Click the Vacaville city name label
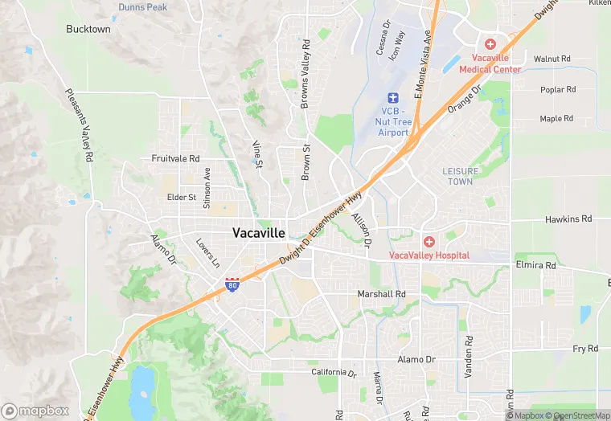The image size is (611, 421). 258,233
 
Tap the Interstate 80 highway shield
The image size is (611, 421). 232,285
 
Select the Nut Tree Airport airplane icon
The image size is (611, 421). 393,97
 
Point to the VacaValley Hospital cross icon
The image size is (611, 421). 429,241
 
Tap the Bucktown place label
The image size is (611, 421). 88,29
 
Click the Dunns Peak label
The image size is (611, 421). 142,7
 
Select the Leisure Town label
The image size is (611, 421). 461,176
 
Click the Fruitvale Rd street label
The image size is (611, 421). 175,159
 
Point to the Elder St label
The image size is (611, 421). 181,197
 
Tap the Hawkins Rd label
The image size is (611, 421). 568,219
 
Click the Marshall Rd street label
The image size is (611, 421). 381,295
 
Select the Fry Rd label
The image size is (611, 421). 585,349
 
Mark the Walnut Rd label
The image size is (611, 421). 552,59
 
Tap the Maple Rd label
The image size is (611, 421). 556,119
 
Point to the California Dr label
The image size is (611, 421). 334,373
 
